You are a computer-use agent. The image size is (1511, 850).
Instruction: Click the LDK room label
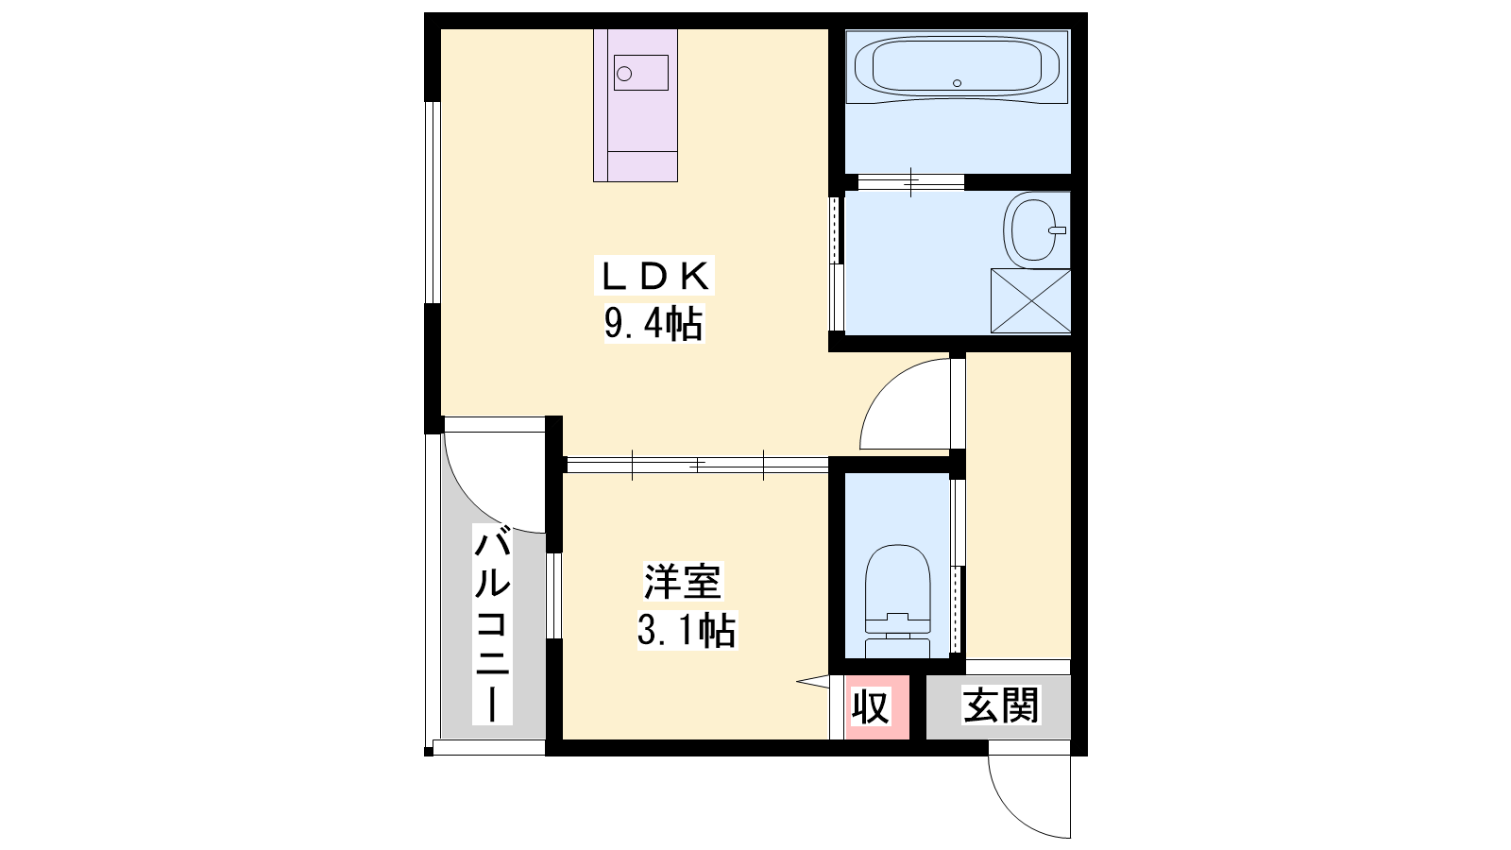coord(654,275)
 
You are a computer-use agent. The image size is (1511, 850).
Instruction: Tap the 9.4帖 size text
coord(654,324)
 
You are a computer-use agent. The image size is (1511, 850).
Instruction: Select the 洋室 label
coord(683,582)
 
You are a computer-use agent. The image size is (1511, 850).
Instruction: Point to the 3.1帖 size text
coord(687,630)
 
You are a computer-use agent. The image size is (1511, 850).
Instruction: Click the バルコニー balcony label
coord(492,624)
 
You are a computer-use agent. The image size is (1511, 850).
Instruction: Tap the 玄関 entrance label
coord(1001,705)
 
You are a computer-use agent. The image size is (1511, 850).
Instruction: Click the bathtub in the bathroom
coord(958,66)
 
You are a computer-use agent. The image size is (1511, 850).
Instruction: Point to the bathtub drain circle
coord(957,83)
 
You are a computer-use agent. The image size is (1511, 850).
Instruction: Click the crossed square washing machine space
coord(1030,301)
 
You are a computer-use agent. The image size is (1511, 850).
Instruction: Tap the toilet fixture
coord(897,601)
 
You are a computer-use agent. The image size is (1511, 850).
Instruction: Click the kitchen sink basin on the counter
coord(641,73)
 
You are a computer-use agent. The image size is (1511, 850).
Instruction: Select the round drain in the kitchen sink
coord(624,74)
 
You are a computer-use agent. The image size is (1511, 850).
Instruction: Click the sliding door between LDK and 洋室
coord(698,465)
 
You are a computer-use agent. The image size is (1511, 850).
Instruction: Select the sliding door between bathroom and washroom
coord(910,182)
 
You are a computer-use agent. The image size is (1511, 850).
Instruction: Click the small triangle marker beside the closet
coord(815,682)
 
